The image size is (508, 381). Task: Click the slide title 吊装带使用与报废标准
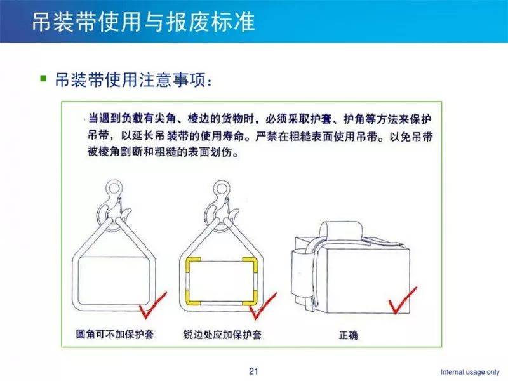pos(144,22)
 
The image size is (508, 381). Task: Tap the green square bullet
pos(43,78)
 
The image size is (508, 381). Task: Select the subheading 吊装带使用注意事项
pos(130,80)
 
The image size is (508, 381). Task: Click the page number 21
pos(253,371)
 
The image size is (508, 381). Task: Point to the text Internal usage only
pos(470,372)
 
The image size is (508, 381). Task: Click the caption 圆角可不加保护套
pos(115,334)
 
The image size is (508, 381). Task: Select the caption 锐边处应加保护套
pos(222,335)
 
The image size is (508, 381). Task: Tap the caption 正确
pos(348,335)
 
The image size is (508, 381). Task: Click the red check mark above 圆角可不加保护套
pos(152,305)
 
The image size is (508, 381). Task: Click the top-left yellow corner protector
pos(193,265)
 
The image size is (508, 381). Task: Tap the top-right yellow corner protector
pos(250,265)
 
